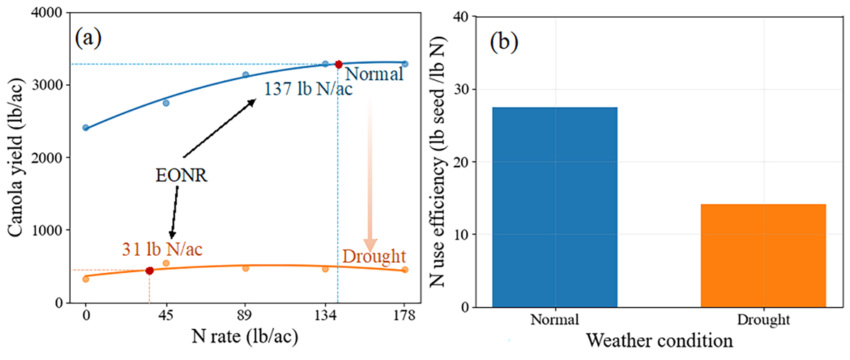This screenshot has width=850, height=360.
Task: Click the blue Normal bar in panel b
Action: (x=555, y=207)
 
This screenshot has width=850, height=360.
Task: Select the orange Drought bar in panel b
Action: (x=764, y=255)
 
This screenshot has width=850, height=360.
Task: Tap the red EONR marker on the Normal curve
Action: (x=339, y=64)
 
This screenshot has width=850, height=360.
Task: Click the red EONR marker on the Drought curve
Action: (x=149, y=271)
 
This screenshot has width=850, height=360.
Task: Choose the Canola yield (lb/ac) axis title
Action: (x=16, y=158)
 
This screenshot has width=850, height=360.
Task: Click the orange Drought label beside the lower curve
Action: (x=373, y=257)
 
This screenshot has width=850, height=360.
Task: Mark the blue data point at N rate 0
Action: (x=86, y=128)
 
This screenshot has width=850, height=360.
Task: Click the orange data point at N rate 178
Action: (x=404, y=270)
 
